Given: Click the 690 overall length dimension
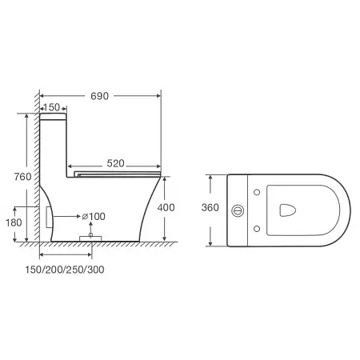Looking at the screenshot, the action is click(99, 96).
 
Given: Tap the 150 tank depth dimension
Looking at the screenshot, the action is click(51, 107).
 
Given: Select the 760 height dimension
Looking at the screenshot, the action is click(22, 177).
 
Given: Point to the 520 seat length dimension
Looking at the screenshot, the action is click(115, 163).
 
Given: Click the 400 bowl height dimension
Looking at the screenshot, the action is click(166, 207).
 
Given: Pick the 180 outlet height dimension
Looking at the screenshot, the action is click(14, 222).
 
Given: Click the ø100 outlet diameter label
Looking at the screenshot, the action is click(94, 216).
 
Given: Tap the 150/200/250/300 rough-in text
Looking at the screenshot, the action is click(65, 270).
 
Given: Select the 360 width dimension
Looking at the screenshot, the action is click(210, 207).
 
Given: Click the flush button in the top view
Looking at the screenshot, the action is click(238, 210).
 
